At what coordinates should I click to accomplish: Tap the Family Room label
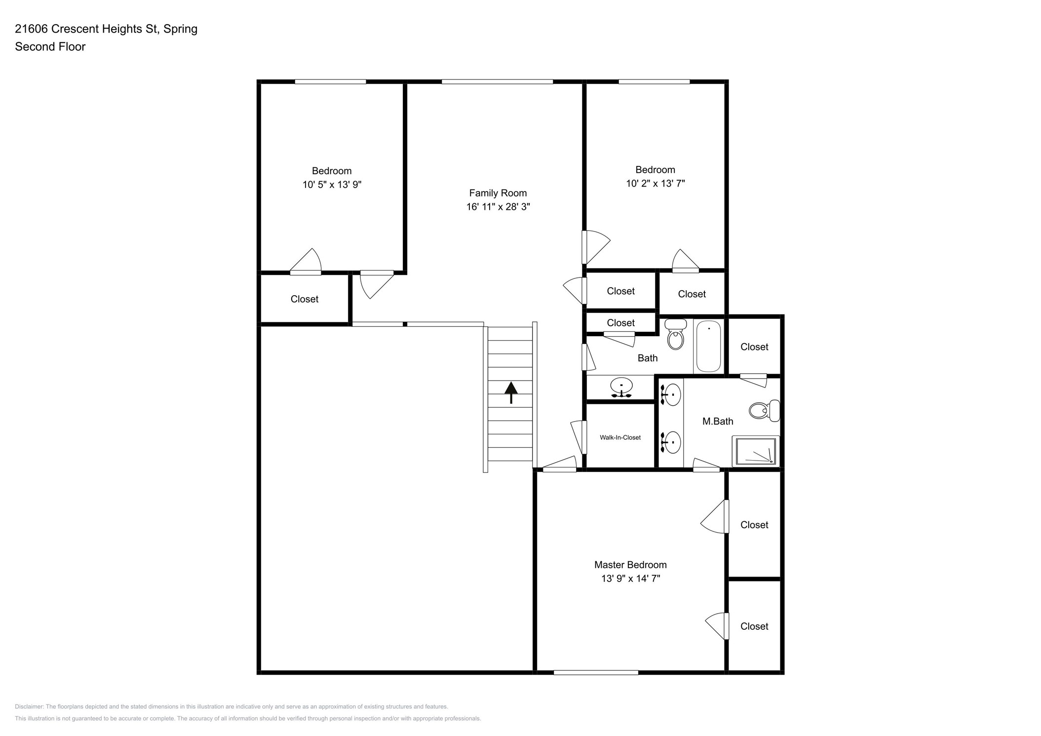498,193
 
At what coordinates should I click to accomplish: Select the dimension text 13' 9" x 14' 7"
630,579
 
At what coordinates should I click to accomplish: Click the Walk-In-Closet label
620,437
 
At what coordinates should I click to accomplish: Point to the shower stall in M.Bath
755,451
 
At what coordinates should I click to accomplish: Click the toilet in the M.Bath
763,410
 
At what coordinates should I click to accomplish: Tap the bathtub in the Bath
708,346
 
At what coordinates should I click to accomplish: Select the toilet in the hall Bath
675,335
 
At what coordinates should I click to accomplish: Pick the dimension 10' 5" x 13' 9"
332,185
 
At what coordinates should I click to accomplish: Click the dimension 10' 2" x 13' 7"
655,184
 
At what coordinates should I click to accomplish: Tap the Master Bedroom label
630,565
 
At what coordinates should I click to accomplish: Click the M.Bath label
717,421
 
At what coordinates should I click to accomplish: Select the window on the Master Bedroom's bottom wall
596,672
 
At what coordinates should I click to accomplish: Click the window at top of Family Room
497,81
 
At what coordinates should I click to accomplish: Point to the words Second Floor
50,47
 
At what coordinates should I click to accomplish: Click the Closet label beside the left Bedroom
304,299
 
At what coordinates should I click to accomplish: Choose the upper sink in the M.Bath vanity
672,395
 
